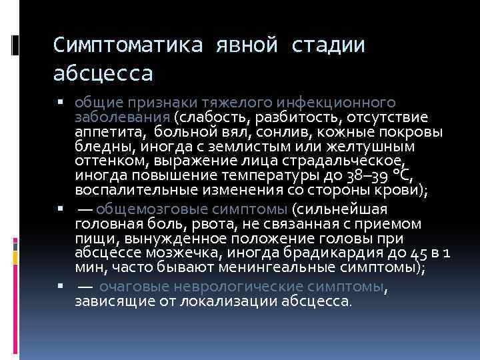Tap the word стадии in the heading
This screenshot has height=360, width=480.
[328, 46]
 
